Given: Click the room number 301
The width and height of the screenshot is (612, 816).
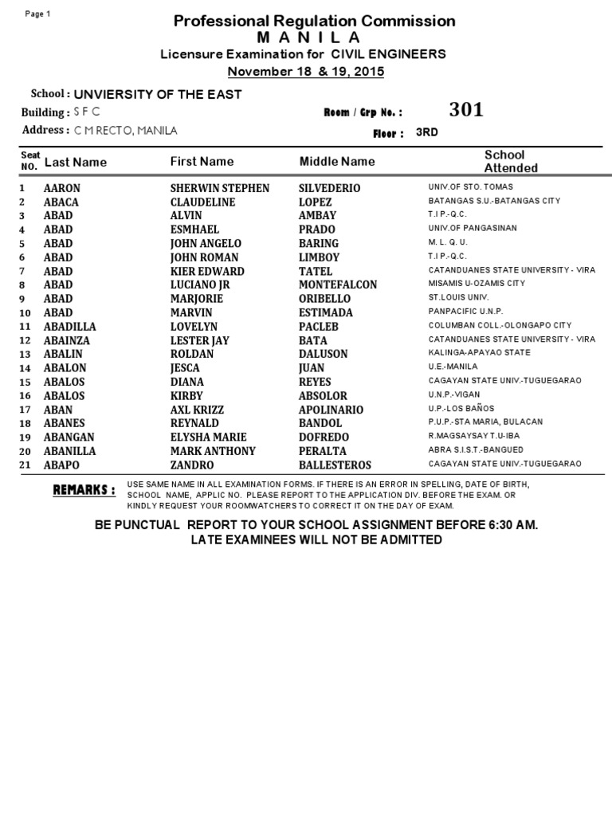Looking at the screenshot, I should click(x=466, y=110).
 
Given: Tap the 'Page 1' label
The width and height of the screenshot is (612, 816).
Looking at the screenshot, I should click(x=38, y=14).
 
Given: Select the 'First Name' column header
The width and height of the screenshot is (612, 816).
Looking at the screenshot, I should click(x=202, y=162).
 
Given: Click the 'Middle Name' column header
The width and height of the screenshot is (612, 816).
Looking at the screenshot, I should click(x=337, y=162).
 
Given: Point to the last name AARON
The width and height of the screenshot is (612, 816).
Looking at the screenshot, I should click(x=62, y=188).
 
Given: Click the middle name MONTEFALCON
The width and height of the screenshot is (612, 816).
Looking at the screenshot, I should click(x=338, y=284).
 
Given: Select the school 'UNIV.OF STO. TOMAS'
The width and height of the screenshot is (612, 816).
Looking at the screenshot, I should click(x=471, y=187).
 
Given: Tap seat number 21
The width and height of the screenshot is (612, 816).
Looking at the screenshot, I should click(x=25, y=465).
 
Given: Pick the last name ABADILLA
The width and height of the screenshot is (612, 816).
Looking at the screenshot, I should click(x=69, y=327).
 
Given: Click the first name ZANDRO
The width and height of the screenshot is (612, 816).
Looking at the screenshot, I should click(x=192, y=465).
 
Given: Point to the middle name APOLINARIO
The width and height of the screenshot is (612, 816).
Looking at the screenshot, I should click(x=331, y=410).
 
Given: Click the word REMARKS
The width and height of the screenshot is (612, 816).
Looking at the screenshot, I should click(x=84, y=489).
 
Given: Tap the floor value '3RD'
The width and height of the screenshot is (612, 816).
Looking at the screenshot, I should click(x=427, y=132).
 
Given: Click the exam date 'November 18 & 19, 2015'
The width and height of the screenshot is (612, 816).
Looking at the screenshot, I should click(x=306, y=71).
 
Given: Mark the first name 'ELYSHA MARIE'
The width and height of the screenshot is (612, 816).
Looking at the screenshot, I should click(x=209, y=437).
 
